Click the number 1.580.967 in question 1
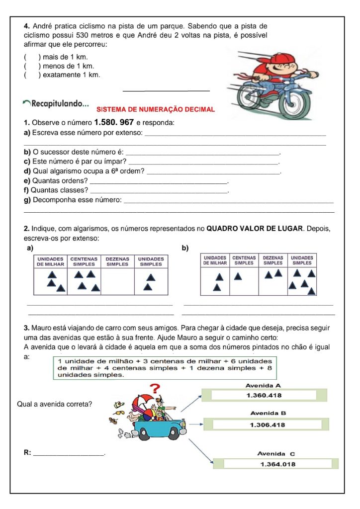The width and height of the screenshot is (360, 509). (113, 122)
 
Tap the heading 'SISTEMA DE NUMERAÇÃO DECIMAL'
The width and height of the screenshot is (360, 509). (155, 109)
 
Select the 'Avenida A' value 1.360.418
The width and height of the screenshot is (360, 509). (264, 396)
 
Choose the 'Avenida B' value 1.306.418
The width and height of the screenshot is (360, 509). (267, 424)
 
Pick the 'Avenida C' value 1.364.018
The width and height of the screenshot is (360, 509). (277, 464)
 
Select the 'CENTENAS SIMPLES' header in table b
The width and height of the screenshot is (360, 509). (244, 260)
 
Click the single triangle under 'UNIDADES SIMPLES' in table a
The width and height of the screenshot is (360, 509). (148, 286)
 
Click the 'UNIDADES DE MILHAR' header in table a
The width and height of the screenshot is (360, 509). (50, 261)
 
